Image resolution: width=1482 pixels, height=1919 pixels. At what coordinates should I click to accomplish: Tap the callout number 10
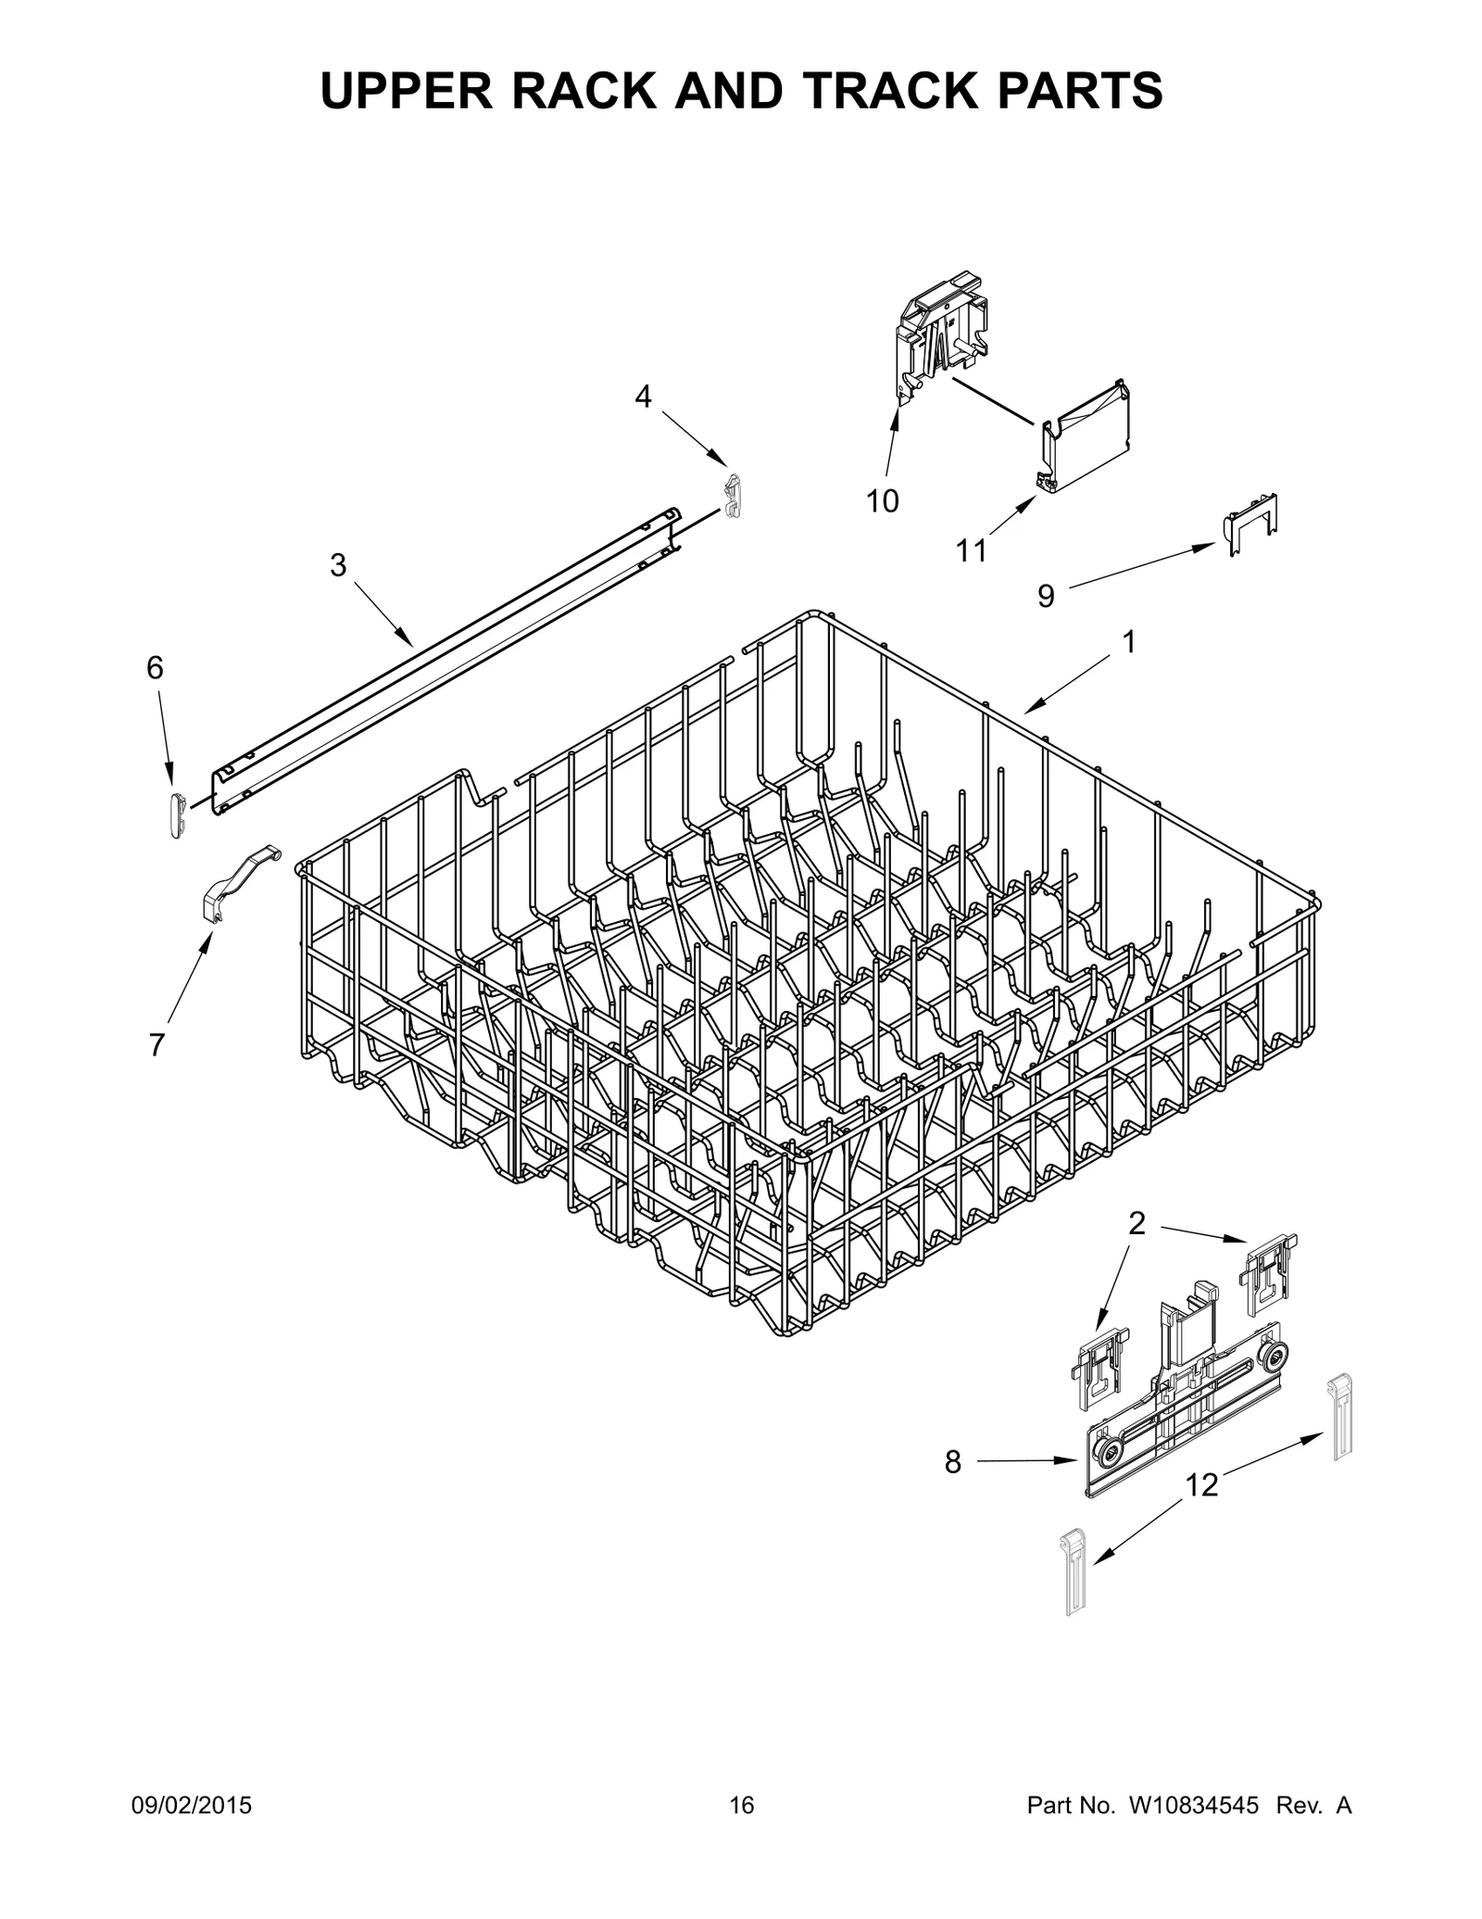[882, 501]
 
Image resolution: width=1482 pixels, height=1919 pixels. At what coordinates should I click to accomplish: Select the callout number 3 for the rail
[338, 564]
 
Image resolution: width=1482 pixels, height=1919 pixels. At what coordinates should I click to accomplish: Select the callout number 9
[1046, 596]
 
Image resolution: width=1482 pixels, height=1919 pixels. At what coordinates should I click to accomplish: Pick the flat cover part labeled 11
[1086, 438]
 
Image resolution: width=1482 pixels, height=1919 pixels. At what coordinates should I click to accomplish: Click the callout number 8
[953, 1463]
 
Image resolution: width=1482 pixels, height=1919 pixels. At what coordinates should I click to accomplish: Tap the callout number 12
[1201, 1486]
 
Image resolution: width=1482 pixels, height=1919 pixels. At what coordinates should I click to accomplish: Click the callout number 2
[1137, 1224]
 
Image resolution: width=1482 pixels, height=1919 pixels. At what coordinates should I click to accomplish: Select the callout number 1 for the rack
[1129, 641]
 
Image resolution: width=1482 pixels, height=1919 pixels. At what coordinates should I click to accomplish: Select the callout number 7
[157, 1045]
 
